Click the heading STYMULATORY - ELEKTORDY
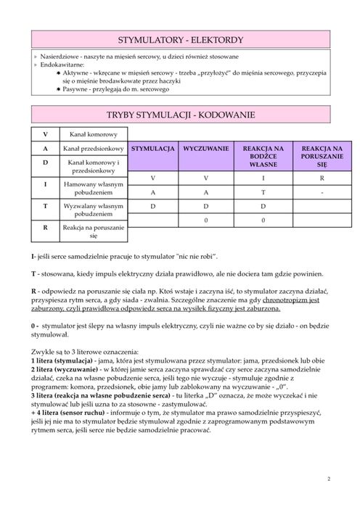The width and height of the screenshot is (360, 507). point(179,39)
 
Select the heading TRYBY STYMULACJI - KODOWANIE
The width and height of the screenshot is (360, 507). point(179,115)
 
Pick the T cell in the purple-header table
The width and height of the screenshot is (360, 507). point(263,193)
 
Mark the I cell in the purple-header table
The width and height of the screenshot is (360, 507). point(263,178)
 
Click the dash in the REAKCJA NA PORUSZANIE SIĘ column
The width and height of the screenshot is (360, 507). point(322,193)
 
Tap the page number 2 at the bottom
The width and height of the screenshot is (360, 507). point(328,479)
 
